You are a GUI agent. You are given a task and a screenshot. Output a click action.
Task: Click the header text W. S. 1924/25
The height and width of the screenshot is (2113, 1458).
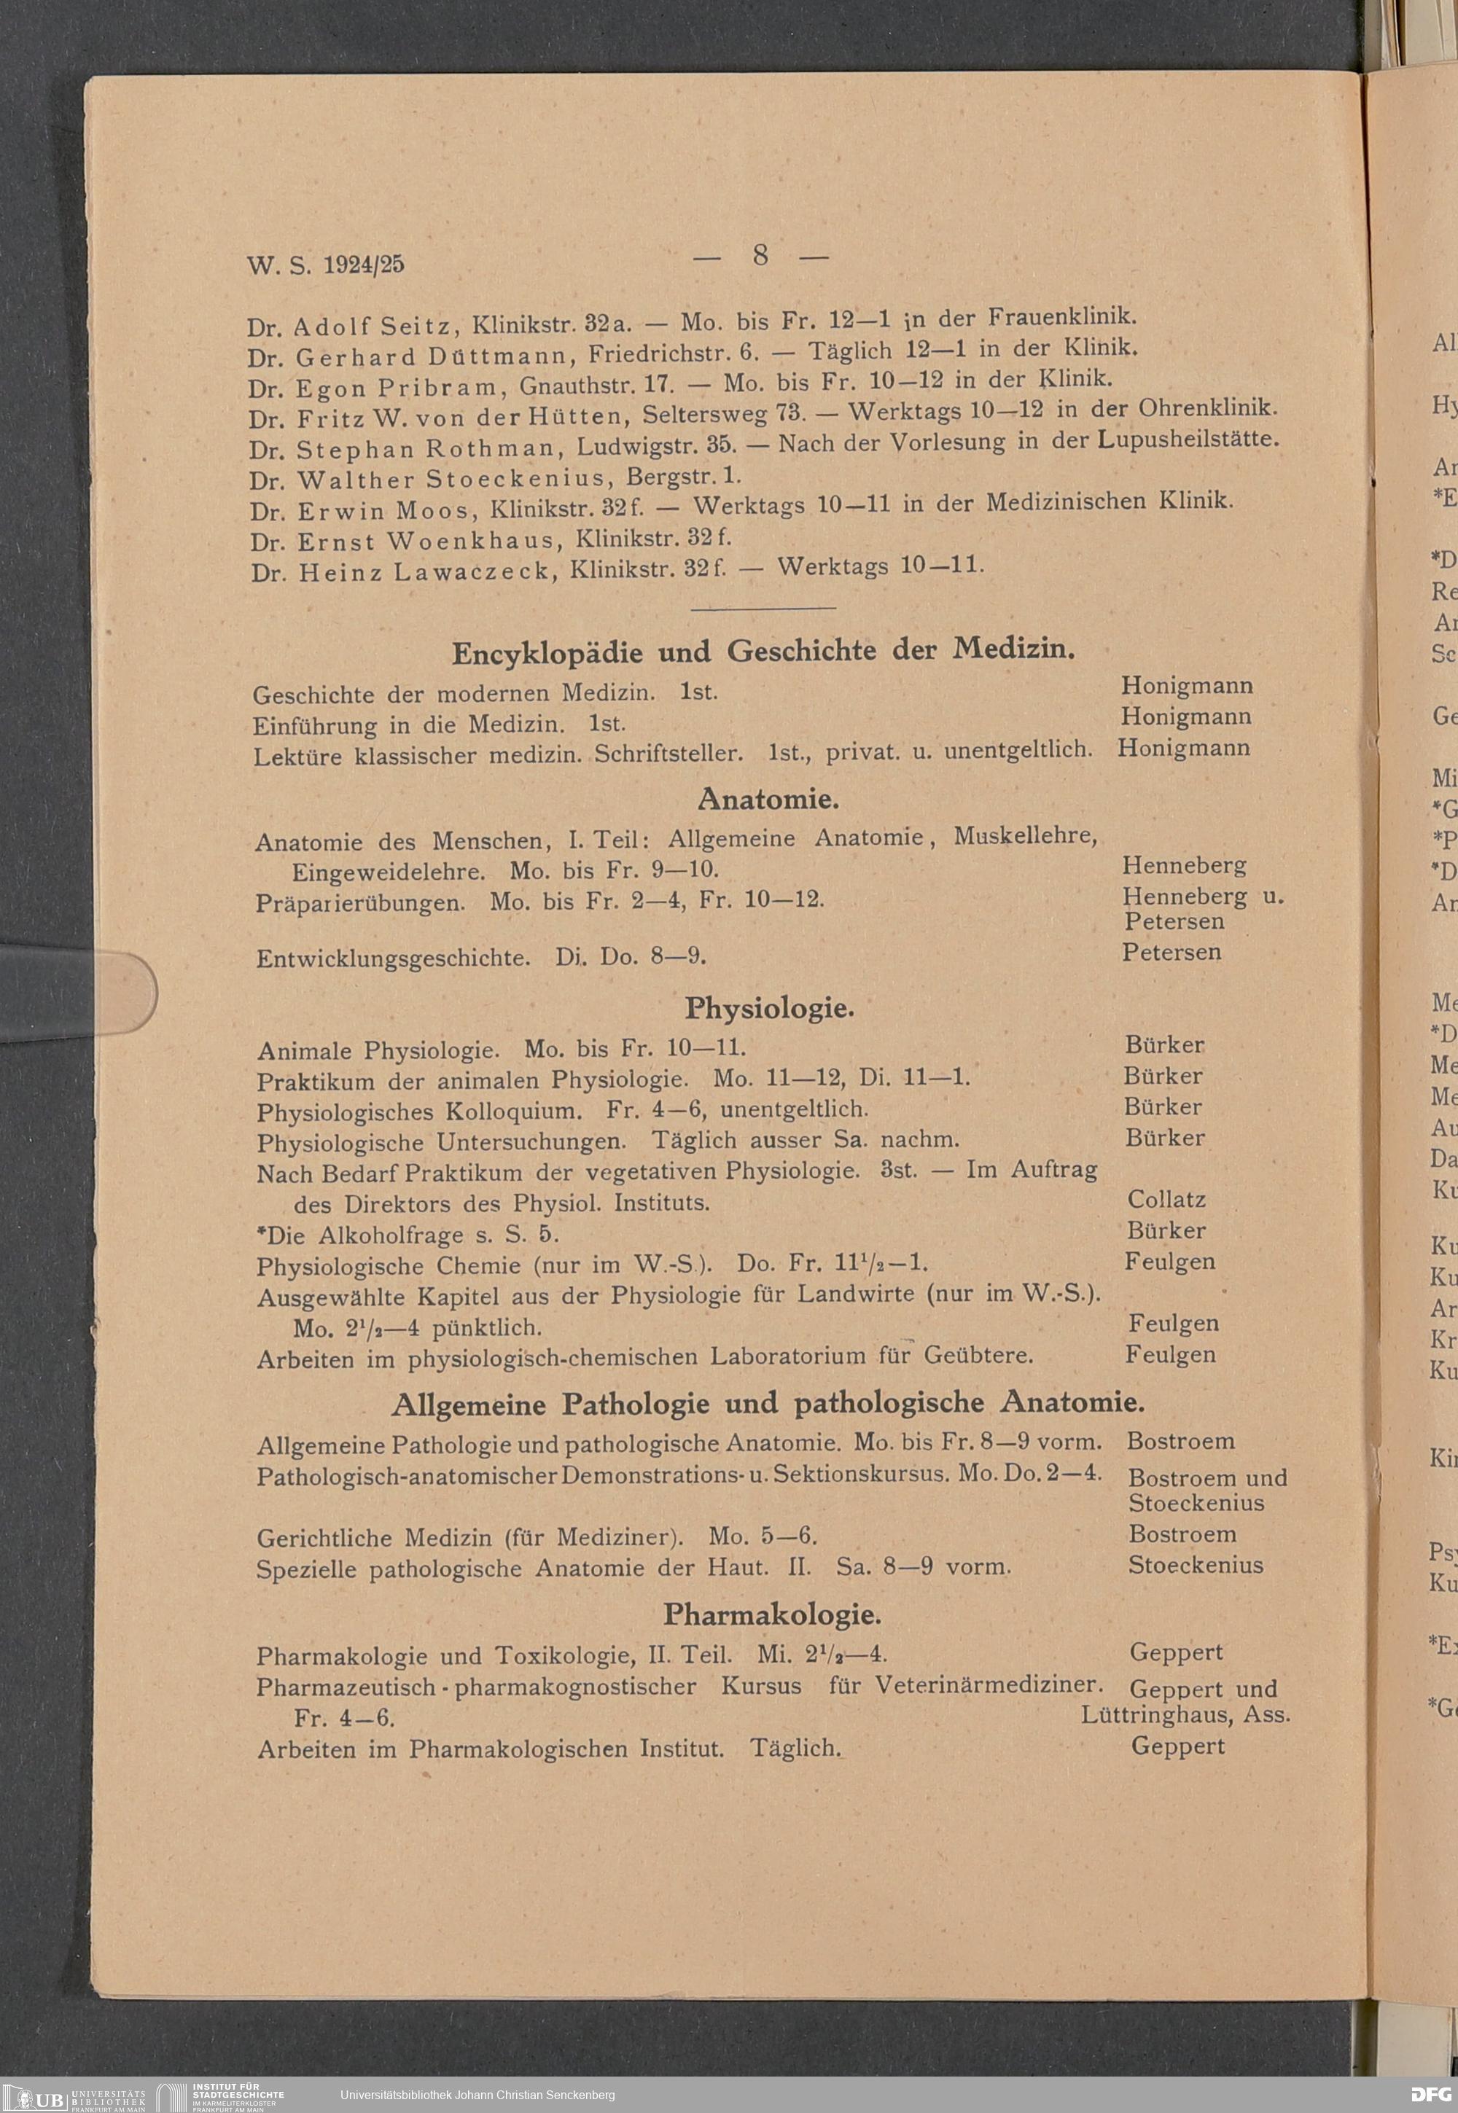point(325,265)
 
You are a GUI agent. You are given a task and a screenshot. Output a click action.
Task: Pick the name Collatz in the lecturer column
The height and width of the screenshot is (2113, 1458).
point(1166,1199)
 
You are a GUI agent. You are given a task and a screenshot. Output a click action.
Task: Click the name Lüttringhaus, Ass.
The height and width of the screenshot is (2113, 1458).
point(1185,1714)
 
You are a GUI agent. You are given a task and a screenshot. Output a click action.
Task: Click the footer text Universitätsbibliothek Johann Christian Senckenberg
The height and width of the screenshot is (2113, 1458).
point(477,2095)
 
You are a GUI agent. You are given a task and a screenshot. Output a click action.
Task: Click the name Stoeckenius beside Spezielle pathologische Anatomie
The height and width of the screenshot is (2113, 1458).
point(1195,1564)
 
